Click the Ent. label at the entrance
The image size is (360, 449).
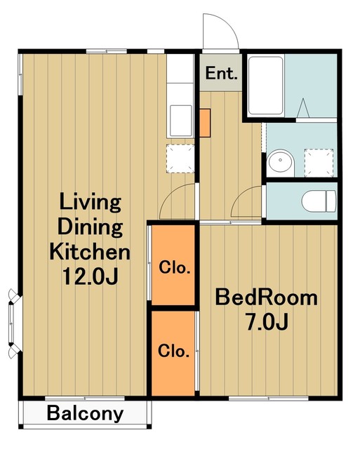pos(221,73)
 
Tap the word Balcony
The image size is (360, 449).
pos(86,414)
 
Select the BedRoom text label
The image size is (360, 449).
pos(267,297)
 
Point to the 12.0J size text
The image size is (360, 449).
pos(90,276)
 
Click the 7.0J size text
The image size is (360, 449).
pos(267,321)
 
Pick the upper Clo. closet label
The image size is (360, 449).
pos(175,267)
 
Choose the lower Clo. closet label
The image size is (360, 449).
pos(174,351)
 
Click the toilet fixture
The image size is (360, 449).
pos(319,201)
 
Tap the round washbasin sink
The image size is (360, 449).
pos(281,163)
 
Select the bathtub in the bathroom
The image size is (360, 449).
pos(266,86)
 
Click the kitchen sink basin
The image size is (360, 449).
pos(181,121)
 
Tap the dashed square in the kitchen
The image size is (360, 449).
pos(180,159)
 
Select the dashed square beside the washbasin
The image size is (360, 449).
pos(319,163)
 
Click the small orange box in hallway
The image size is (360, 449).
pos(205,123)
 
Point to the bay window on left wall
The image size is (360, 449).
pos(14,323)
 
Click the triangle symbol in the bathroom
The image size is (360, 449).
pos(303,108)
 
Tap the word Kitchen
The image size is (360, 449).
pos(90,252)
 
